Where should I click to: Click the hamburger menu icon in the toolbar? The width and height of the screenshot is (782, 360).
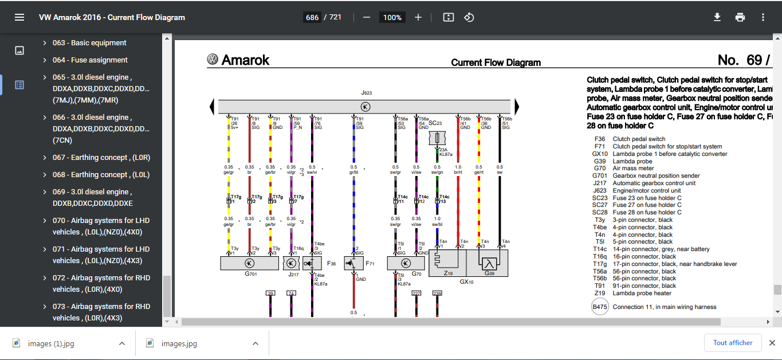tap(19, 17)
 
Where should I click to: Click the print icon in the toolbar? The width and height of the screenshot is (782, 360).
tap(740, 17)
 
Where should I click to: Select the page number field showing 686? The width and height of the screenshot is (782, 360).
tap(312, 17)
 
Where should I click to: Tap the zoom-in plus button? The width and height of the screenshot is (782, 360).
tap(418, 17)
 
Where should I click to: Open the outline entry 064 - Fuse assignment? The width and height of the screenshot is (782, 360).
tap(90, 60)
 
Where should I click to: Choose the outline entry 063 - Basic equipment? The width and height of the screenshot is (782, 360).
tap(89, 43)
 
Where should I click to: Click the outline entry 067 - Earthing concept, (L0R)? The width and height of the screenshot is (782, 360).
tap(101, 158)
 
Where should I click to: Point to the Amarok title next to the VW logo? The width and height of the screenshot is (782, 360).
tap(245, 60)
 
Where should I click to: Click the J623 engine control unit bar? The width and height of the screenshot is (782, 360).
tap(364, 107)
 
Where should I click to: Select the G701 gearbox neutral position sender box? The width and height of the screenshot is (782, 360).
tap(249, 263)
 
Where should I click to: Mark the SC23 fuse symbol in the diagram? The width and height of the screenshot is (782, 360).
tap(438, 139)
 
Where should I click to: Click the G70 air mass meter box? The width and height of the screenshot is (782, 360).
tap(406, 263)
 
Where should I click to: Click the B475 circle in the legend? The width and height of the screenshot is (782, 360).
tap(599, 307)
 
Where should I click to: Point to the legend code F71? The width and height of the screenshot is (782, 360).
tap(599, 146)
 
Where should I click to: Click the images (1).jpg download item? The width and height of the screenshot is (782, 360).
tap(51, 343)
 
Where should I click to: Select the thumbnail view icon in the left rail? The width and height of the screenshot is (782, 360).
tap(19, 50)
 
